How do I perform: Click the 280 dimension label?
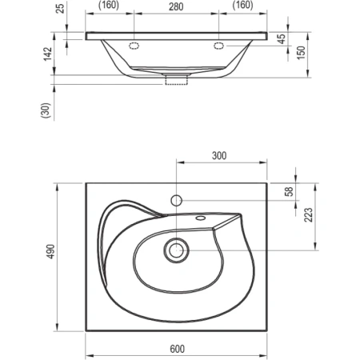[176, 6]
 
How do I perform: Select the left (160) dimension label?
[109, 5]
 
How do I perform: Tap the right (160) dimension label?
[242, 5]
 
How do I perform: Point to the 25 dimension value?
[61, 8]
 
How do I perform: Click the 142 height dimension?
[48, 54]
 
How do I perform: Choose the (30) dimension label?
[46, 110]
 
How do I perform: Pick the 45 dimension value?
[282, 39]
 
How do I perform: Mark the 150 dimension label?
[301, 53]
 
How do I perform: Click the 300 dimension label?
[219, 155]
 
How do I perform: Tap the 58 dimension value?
[289, 191]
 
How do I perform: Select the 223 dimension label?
[308, 215]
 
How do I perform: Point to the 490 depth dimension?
[50, 251]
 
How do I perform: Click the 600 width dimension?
[177, 349]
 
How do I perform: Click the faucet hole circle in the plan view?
[176, 201]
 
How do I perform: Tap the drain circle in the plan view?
[176, 250]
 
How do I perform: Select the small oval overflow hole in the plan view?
[201, 218]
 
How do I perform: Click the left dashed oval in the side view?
[134, 46]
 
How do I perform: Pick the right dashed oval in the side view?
[218, 46]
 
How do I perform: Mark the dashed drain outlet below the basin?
[177, 80]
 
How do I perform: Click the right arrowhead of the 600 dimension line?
[263, 355]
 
